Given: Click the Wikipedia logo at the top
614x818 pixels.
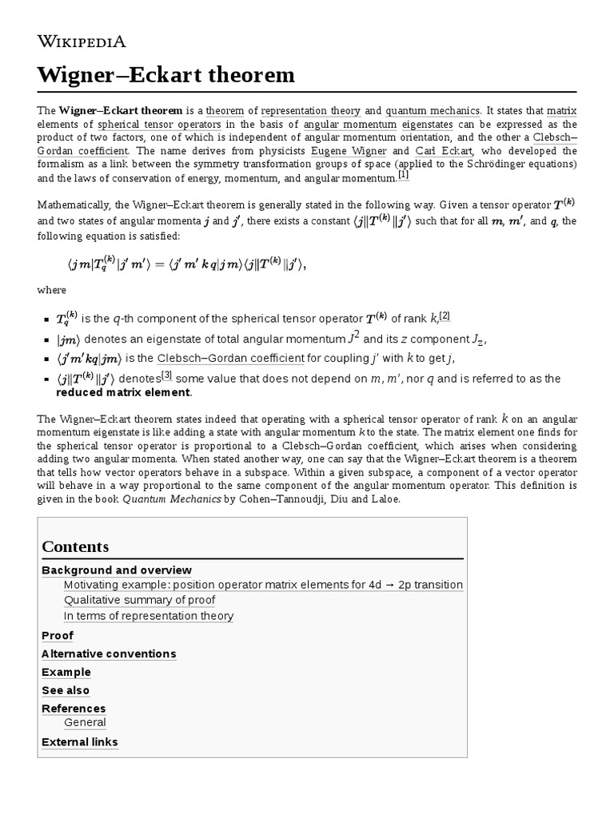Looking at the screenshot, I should (82, 41).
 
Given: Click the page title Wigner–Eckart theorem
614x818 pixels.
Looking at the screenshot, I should (166, 75).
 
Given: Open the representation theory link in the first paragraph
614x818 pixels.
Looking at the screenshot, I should (311, 110).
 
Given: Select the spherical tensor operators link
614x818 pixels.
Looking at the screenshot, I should (159, 124).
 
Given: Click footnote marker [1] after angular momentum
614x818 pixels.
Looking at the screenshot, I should (403, 176).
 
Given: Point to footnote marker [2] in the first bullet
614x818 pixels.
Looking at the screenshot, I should (444, 316).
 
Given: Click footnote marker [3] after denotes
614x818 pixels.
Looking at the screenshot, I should (167, 375).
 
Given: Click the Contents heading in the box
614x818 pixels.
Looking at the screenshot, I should (75, 546).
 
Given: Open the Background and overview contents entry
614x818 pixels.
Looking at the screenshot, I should (116, 570).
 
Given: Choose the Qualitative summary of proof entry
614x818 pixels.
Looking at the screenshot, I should (139, 600).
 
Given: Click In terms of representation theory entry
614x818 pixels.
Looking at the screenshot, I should (149, 615).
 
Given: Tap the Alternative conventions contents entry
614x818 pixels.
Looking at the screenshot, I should (109, 653).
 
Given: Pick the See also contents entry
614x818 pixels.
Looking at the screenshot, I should (66, 690).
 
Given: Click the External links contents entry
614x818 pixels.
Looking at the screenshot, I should (79, 742).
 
